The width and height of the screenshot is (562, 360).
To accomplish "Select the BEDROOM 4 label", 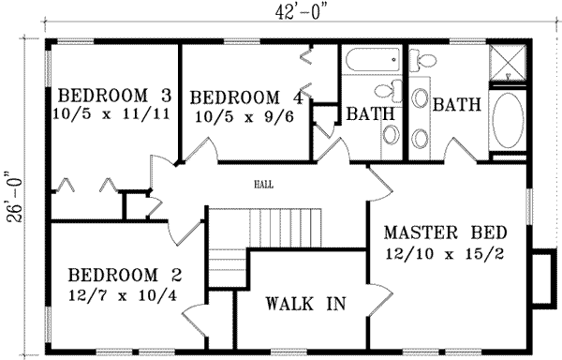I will point(246,97).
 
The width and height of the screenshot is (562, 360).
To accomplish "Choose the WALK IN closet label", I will point(305,304).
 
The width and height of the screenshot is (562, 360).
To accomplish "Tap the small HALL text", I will point(264,185).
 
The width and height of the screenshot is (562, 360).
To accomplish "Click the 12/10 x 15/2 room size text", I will point(445,254).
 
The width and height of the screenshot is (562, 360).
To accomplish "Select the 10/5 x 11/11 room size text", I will point(113,116).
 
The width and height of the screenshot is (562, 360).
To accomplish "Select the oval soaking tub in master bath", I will point(510,120).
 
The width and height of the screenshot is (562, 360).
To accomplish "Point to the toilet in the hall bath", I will point(386,95).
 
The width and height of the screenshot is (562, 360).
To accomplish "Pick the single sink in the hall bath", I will point(390,134).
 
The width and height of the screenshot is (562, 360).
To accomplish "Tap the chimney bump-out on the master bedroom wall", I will point(541,278).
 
